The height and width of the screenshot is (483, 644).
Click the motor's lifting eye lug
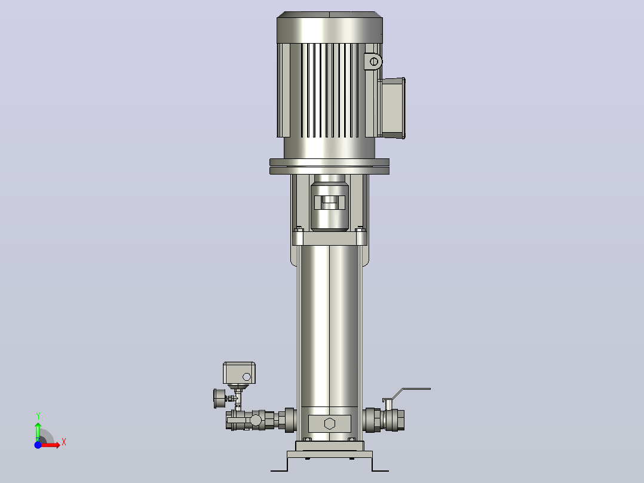[x=373, y=62]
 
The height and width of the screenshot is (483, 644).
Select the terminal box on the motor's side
[x=392, y=108]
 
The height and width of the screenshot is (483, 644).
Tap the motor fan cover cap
[x=330, y=27]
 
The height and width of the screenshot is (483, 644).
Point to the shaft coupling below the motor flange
[x=330, y=202]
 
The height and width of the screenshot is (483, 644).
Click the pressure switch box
[x=239, y=373]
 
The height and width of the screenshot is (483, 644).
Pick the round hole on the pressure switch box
[x=247, y=377]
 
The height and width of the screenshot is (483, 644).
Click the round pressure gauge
[x=220, y=398]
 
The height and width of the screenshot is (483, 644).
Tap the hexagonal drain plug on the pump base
[x=330, y=423]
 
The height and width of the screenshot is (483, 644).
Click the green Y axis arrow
[x=38, y=431]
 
